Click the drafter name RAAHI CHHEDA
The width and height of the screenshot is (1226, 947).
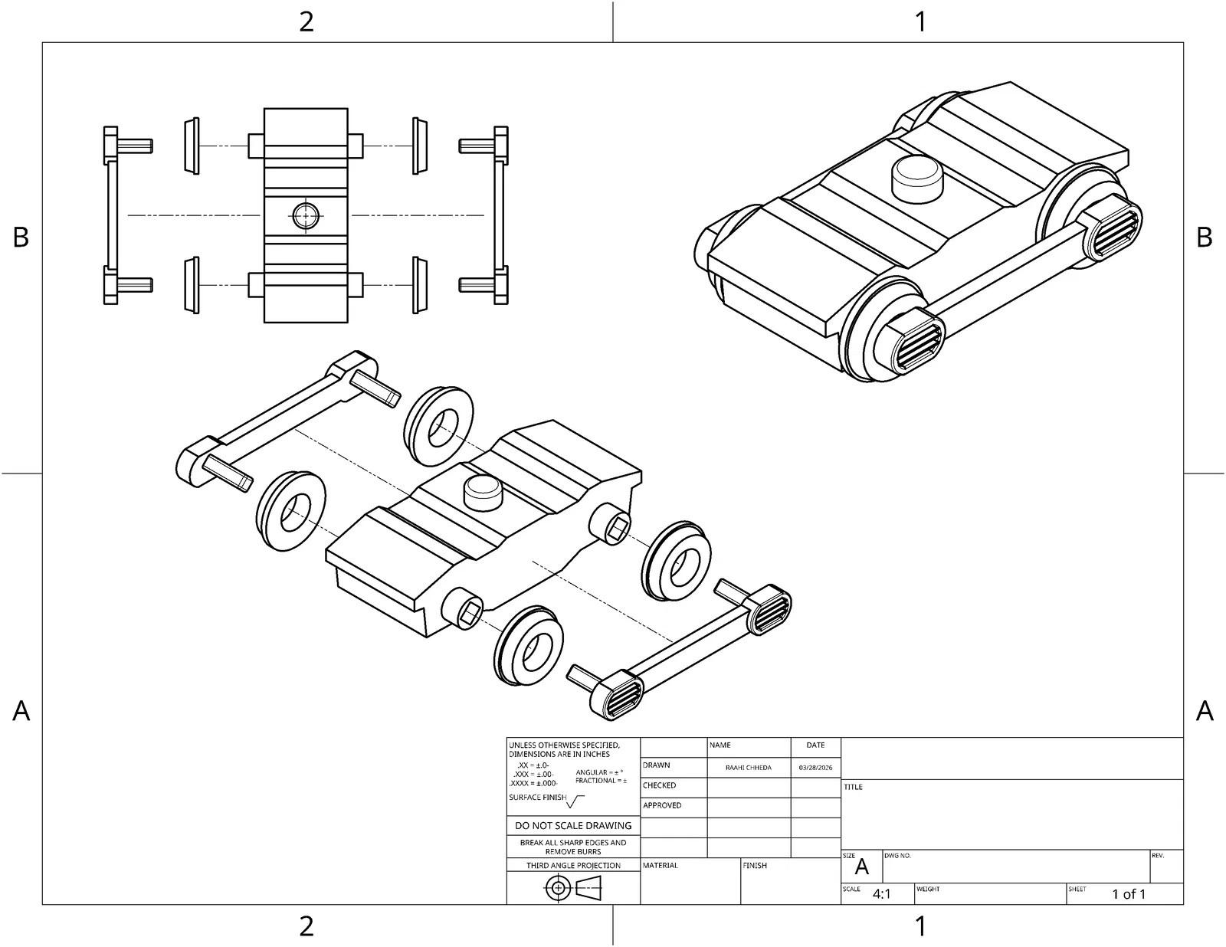[x=748, y=767]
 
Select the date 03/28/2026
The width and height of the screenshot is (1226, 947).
[x=815, y=767]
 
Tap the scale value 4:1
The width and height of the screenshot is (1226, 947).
[x=881, y=894]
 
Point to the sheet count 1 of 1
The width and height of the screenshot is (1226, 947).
[x=1129, y=894]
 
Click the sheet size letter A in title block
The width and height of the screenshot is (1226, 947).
[x=862, y=867]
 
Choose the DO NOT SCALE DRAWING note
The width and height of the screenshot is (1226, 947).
[x=573, y=825]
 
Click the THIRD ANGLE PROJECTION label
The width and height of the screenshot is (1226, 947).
[x=573, y=865]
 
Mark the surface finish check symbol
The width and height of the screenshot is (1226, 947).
[x=576, y=801]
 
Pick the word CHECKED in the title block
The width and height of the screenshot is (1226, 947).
[x=659, y=785]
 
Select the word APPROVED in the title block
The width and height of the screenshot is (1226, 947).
[x=662, y=805]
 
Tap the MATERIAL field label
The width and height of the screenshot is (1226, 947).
[x=660, y=865]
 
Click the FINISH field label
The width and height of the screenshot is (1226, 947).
[x=755, y=865]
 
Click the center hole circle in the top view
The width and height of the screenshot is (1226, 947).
[x=306, y=216]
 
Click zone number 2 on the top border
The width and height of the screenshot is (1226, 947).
[x=306, y=21]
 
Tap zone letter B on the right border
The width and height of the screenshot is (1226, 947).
[x=1204, y=238]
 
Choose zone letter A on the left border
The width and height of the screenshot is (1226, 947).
[x=21, y=711]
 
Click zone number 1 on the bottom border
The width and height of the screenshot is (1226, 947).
[x=921, y=926]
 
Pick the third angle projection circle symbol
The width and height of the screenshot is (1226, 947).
[x=559, y=889]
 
